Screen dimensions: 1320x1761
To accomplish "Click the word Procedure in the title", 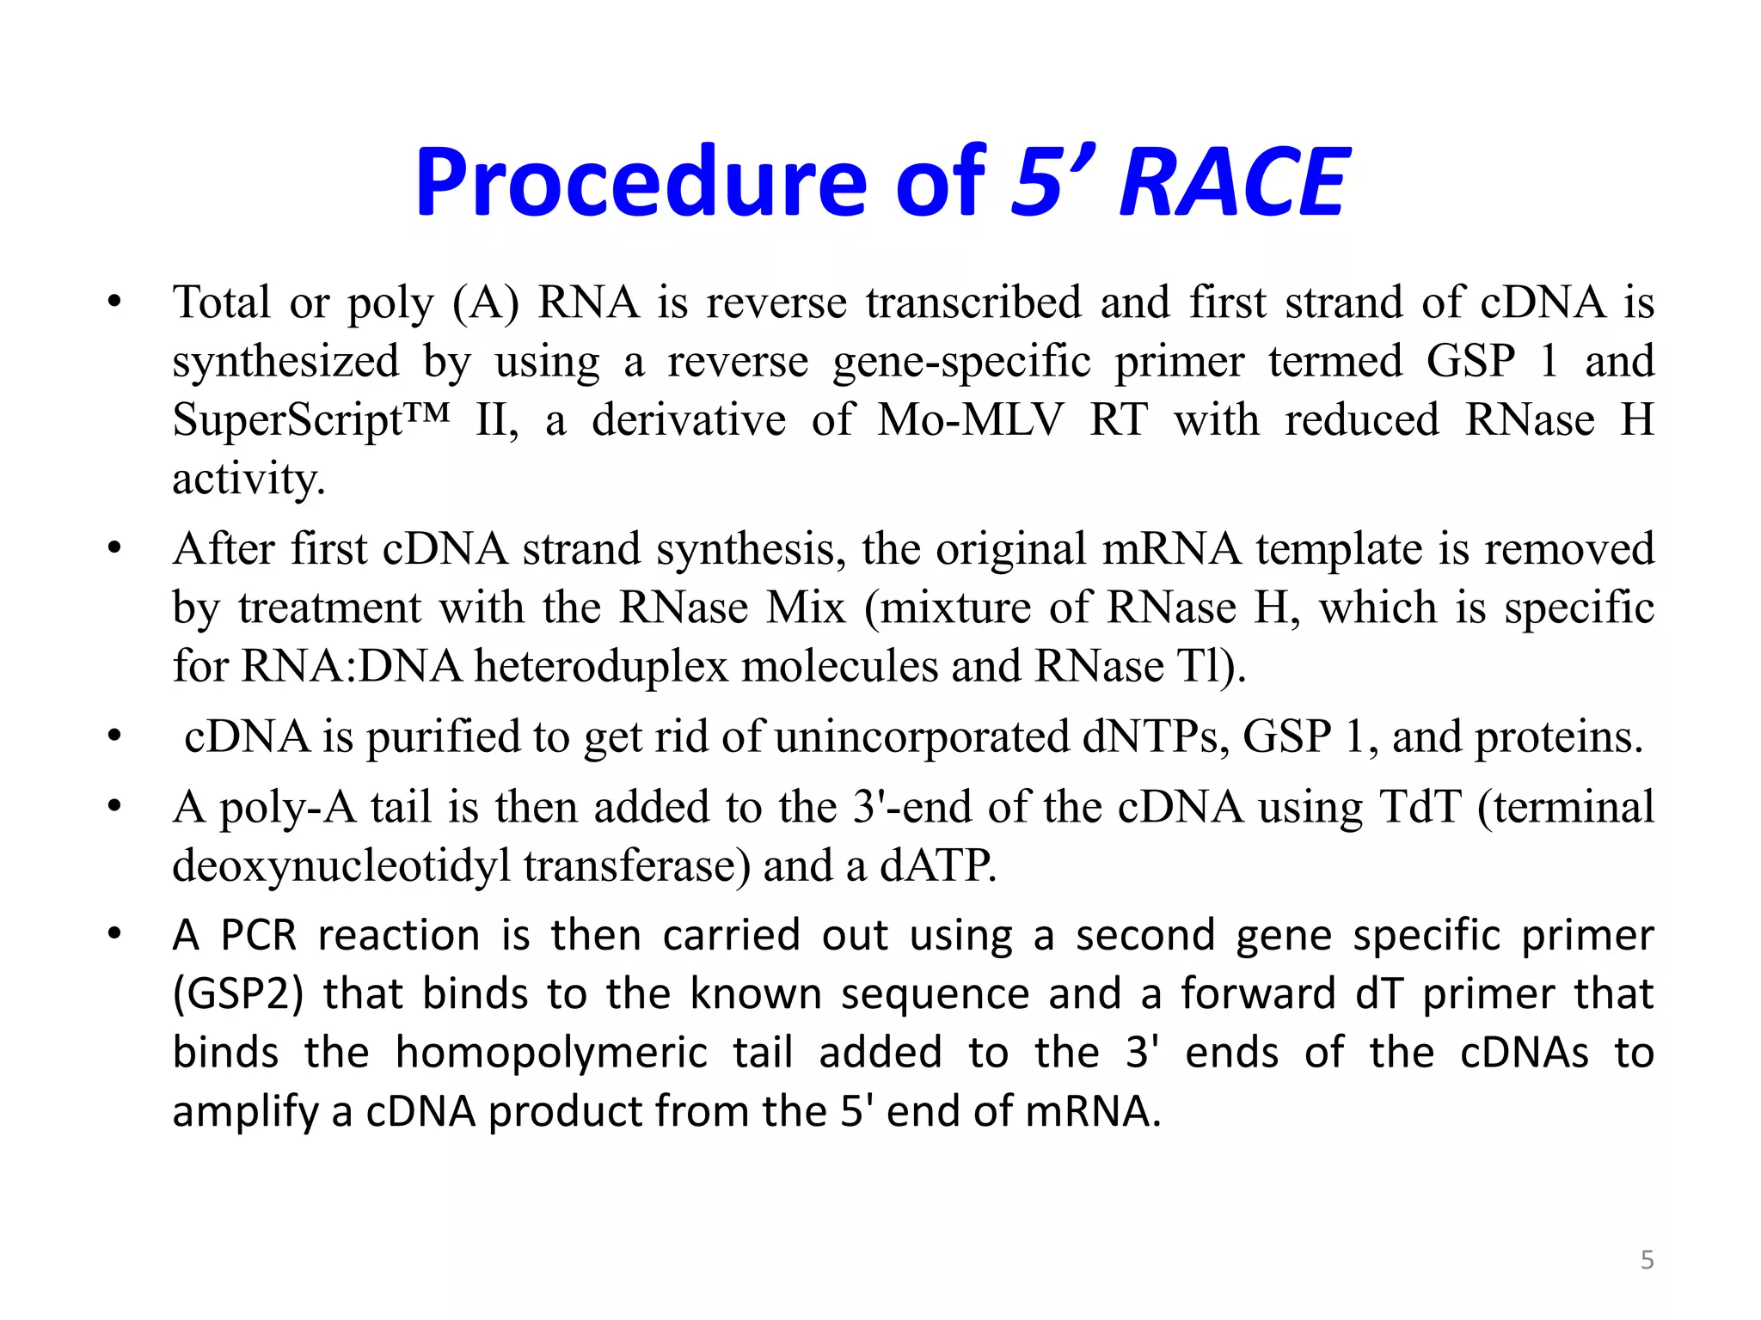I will click(x=641, y=182).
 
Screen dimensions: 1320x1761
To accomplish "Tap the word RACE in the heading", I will click(x=1233, y=182).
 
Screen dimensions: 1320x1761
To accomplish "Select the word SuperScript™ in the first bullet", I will click(x=310, y=421).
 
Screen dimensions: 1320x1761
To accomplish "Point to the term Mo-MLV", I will click(x=970, y=421).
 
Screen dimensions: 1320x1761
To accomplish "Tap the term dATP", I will click(x=937, y=866).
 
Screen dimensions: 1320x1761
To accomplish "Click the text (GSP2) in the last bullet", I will click(x=238, y=995).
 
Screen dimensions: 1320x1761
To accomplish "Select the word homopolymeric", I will click(x=551, y=1054).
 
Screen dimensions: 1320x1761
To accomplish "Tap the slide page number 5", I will click(x=1647, y=1260).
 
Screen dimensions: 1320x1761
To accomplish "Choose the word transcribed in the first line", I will click(x=973, y=303).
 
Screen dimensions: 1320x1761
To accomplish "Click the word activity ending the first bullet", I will click(x=249, y=480).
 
